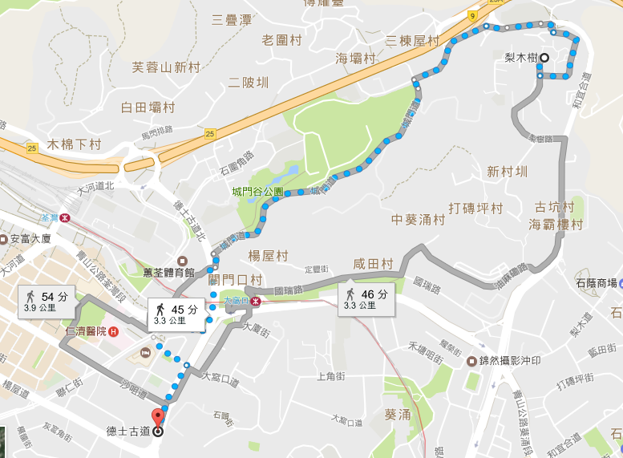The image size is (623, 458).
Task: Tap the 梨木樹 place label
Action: [520, 58]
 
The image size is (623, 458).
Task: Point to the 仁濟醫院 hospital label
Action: [87, 331]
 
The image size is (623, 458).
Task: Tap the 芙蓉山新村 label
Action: [166, 67]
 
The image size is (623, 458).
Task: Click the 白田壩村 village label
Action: [148, 107]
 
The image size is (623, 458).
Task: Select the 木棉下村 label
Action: [75, 144]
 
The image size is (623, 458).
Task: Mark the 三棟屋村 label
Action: [412, 40]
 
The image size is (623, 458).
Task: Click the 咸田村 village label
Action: [373, 264]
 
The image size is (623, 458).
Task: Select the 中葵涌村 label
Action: [419, 219]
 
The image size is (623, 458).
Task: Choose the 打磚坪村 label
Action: [475, 209]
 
